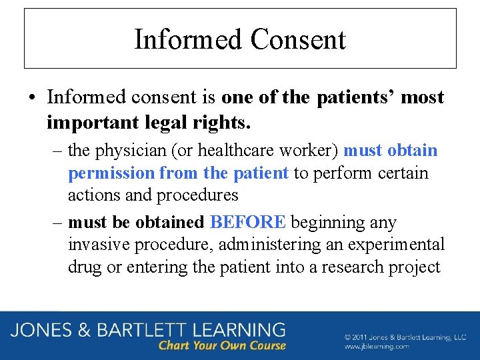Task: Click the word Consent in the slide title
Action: [298, 39]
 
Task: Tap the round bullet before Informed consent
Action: [33, 98]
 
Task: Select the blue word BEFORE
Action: [247, 222]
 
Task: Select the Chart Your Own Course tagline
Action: [222, 346]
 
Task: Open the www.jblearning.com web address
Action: [377, 347]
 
